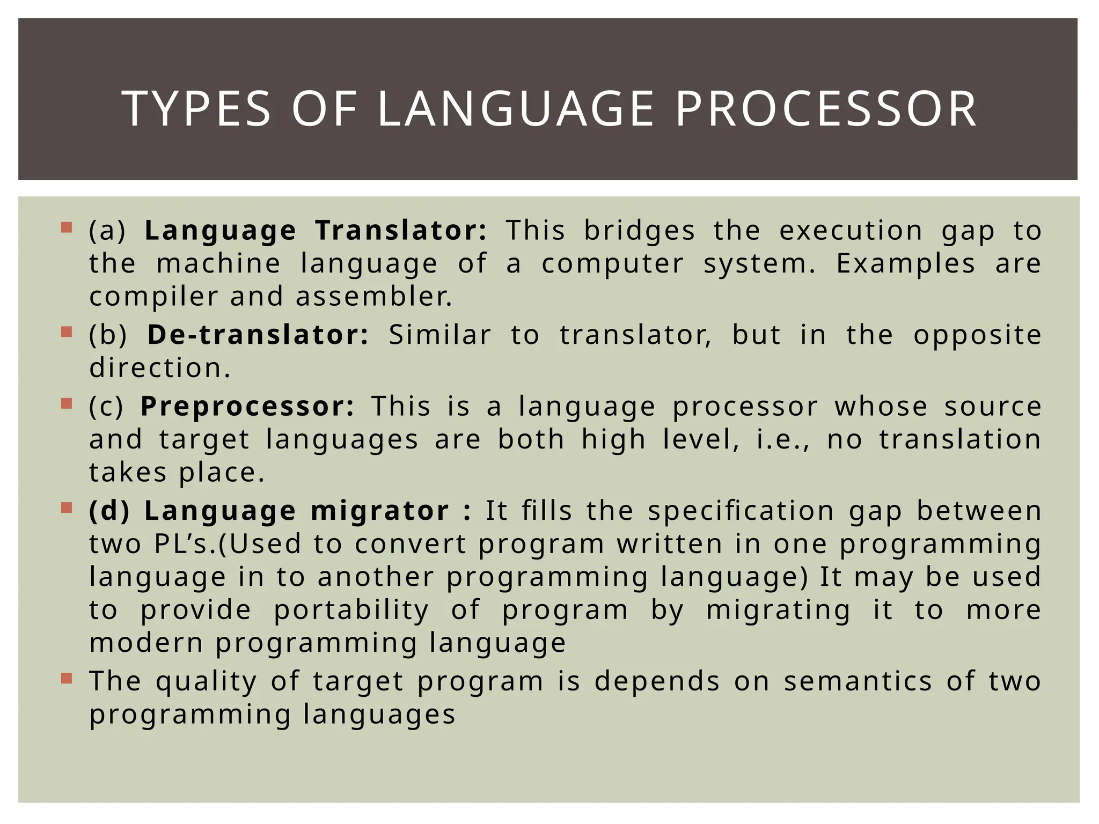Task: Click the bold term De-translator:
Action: (258, 335)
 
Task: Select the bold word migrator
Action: (380, 510)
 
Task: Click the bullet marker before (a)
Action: (67, 227)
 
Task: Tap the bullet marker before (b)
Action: (67, 332)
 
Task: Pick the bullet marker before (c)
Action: (67, 403)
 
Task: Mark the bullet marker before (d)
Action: (67, 507)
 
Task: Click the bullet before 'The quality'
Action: (67, 679)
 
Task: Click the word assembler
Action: (374, 297)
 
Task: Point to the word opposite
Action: (977, 336)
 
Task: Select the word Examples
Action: (906, 263)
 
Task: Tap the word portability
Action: (351, 610)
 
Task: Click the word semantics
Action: (858, 681)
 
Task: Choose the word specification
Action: (741, 511)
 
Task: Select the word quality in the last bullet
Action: (206, 682)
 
